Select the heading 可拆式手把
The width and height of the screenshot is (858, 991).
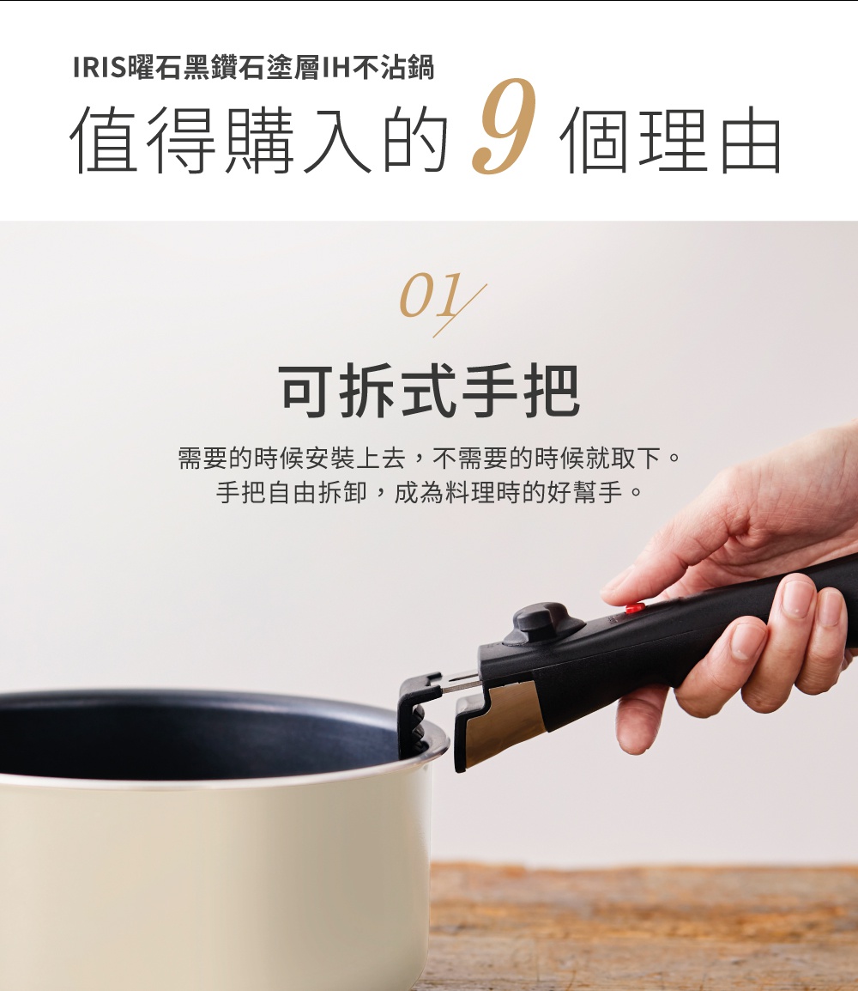[x=430, y=391]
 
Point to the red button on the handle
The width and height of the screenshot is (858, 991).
[x=635, y=608]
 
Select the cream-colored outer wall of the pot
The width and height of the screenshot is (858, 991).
[x=214, y=885]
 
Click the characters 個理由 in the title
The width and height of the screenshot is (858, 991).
[x=670, y=141]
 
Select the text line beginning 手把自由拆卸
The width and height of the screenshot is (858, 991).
[x=429, y=494]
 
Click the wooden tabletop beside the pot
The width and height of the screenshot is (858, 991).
[x=643, y=927]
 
